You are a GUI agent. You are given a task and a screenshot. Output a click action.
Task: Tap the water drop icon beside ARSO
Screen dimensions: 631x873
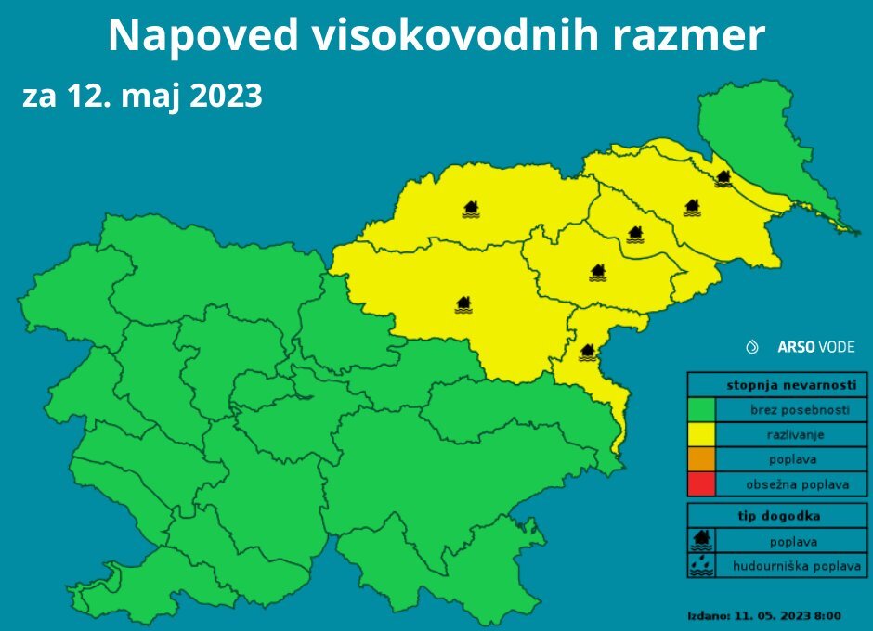(x=753, y=347)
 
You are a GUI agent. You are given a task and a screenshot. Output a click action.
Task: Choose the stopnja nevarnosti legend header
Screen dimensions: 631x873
(x=778, y=384)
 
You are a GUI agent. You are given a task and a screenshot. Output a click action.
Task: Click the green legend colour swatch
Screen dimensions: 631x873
(x=701, y=409)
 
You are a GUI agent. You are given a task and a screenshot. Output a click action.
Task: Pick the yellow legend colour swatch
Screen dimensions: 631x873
(x=701, y=433)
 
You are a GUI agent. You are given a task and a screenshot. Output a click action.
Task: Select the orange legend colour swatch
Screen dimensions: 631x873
(x=701, y=458)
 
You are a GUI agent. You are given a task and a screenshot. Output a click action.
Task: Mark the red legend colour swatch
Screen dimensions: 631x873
(x=701, y=483)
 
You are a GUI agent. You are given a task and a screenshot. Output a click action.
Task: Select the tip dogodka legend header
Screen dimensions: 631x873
(x=778, y=515)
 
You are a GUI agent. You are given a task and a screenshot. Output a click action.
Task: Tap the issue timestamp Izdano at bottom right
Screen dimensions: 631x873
(x=763, y=614)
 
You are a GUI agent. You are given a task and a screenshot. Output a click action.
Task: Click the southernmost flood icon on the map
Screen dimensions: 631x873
(x=586, y=352)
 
